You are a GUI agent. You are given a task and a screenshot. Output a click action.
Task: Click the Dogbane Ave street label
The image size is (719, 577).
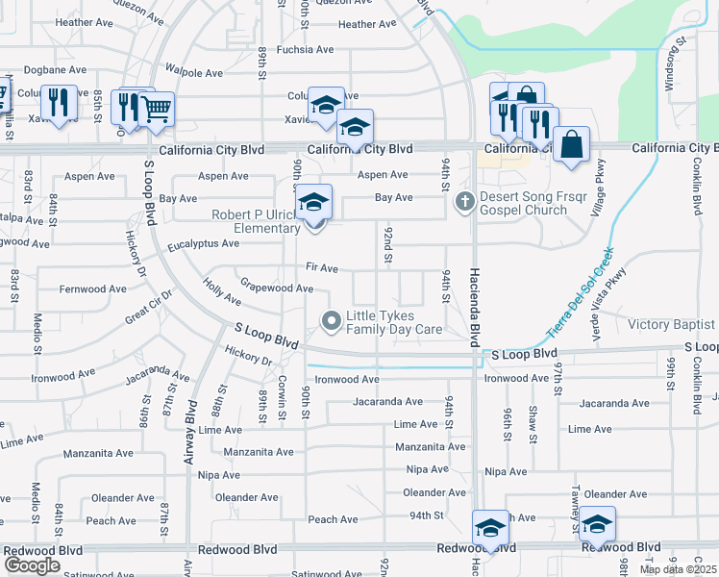[x=55, y=69]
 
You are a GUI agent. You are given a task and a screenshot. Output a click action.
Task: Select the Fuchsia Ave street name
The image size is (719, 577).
[x=305, y=49]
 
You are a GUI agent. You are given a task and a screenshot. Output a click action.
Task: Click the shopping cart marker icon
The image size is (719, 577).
[x=156, y=111]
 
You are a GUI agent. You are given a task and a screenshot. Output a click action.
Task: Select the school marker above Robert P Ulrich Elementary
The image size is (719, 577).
[x=313, y=203]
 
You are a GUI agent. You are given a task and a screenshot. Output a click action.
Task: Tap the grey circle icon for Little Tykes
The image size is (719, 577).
[x=332, y=321]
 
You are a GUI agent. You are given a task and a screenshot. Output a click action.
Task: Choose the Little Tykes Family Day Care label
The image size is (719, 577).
[x=393, y=321]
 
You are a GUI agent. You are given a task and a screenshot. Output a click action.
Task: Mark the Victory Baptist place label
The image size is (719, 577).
[x=671, y=325]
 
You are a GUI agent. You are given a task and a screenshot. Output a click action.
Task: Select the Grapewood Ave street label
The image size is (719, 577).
[x=277, y=288]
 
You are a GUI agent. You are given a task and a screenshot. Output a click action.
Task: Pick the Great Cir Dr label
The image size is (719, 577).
[x=147, y=307]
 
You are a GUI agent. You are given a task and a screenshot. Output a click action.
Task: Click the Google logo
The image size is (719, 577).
[x=33, y=565]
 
